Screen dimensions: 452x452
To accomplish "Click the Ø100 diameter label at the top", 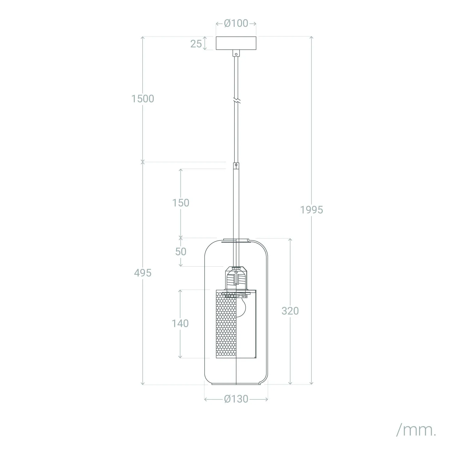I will [236, 23].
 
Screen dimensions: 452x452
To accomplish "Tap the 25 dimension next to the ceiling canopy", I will [196, 44].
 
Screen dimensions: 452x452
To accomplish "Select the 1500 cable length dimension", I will [143, 99].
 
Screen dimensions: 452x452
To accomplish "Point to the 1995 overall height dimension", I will [312, 209].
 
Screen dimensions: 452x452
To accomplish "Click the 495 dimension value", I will [143, 273].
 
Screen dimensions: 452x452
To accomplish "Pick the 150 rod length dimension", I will [180, 203].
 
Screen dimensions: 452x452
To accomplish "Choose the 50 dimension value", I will [180, 251].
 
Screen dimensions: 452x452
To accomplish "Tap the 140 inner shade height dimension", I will [180, 323].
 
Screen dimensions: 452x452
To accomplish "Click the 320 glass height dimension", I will [290, 311].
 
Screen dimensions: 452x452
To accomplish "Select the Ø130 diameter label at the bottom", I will [236, 399].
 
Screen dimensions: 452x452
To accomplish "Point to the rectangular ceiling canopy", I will [236, 43].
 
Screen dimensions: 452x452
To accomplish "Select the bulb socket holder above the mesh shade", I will [236, 277].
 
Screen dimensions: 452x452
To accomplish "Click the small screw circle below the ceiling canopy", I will [236, 54].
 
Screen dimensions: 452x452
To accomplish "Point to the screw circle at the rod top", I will [236, 165].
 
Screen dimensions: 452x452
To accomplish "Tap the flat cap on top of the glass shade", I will [236, 240].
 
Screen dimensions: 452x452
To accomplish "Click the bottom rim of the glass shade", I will [236, 384].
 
